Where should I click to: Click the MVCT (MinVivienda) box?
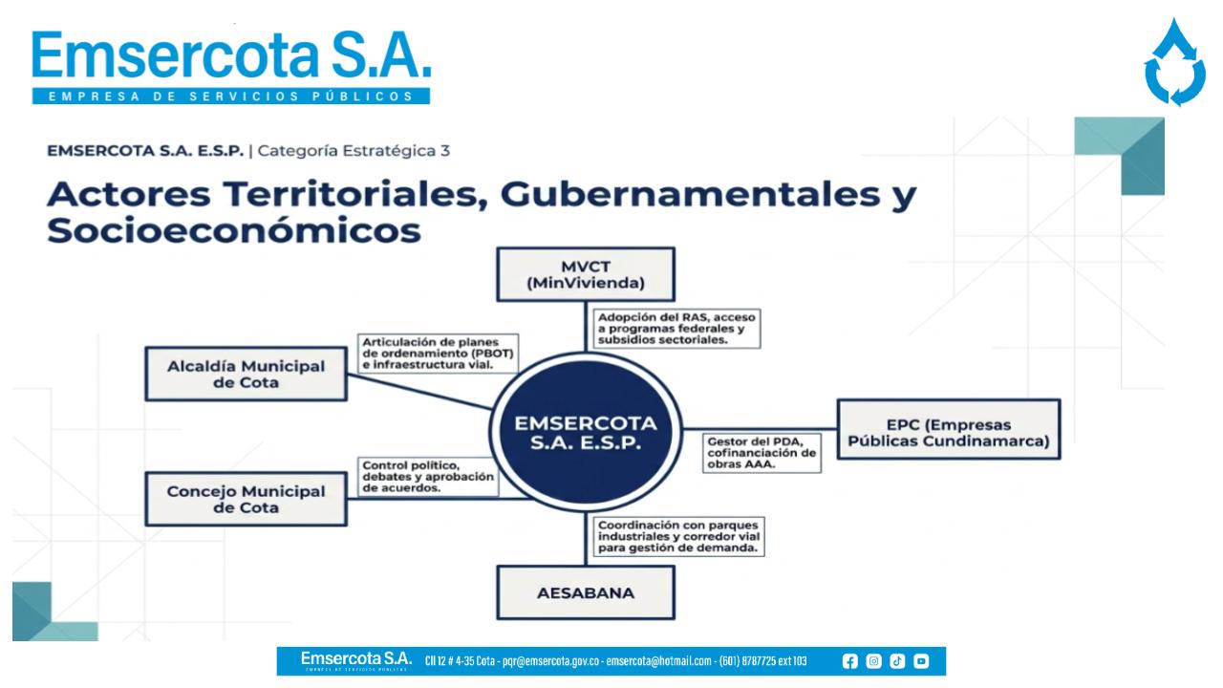click(x=586, y=274)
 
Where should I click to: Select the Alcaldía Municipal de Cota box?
click(x=246, y=374)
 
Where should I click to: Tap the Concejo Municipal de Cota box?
click(x=246, y=499)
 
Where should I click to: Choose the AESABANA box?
click(x=586, y=592)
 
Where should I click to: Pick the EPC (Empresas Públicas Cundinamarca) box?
click(x=949, y=429)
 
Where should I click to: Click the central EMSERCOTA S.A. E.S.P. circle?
click(x=586, y=431)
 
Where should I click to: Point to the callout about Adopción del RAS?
click(x=676, y=328)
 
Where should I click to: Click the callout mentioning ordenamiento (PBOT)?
click(x=438, y=354)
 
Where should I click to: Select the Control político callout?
click(x=428, y=477)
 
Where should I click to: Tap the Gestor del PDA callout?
click(x=762, y=453)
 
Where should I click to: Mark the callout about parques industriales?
click(x=678, y=536)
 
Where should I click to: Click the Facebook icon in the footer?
click(x=849, y=661)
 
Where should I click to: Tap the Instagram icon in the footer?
click(x=873, y=661)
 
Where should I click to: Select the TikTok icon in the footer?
click(x=897, y=661)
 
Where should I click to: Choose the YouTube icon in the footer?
click(x=921, y=661)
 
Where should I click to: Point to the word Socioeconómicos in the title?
click(x=234, y=230)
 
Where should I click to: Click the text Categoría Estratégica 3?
click(x=354, y=151)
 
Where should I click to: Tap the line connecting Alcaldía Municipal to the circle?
click(x=419, y=391)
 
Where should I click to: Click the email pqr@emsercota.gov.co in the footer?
click(x=551, y=661)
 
